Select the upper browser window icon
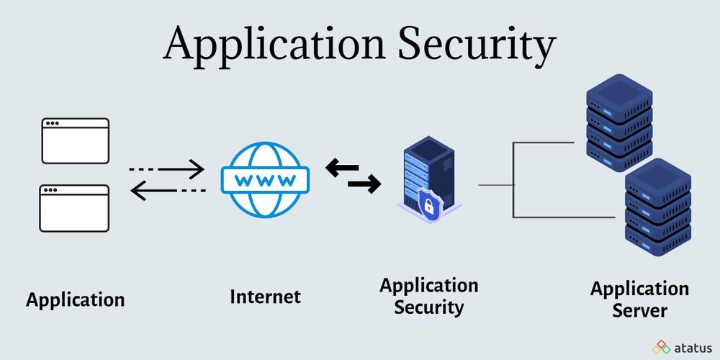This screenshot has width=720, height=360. pos(75,141)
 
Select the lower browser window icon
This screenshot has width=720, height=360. pos(75,208)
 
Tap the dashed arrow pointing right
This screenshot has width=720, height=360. pos(166,169)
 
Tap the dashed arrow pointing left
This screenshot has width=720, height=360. pos(166,190)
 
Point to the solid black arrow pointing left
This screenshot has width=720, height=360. pos(342,169)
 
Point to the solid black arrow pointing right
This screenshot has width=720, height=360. pos(364,186)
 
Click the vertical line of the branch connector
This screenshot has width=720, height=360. pos(513,180)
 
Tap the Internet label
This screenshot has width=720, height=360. pos(265,297)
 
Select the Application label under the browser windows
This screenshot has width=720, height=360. pos(75,300)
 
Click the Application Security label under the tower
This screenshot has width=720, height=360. pos(428,296)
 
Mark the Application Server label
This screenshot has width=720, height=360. pos(639,300)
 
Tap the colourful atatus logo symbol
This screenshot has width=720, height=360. pos(661,347)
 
